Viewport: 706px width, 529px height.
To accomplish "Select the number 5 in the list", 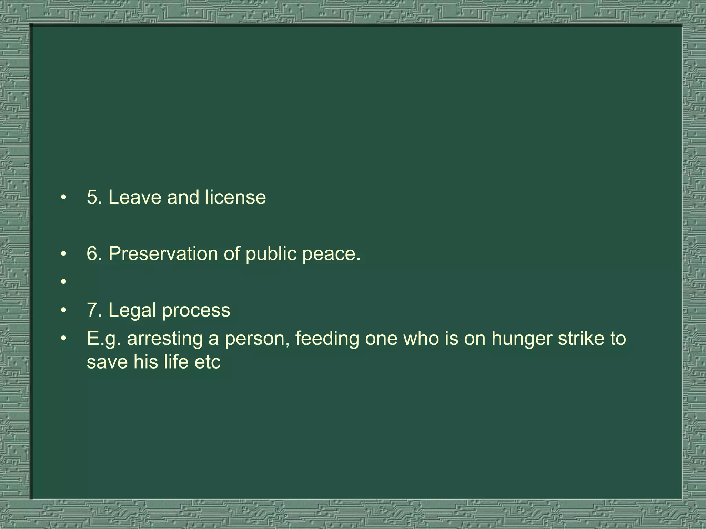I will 92,197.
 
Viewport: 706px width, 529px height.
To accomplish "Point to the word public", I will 271,254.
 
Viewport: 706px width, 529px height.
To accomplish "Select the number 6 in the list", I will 92,254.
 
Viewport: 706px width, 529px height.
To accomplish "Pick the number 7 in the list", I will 92,310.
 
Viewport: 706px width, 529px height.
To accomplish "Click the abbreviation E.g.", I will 104,339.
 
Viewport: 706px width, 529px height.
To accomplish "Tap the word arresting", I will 165,339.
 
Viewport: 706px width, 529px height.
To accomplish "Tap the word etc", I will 208,362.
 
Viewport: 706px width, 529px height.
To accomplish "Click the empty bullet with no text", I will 63,282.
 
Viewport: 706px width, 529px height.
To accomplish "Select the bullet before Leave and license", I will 63,198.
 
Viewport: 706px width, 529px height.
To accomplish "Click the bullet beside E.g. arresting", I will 63,339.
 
